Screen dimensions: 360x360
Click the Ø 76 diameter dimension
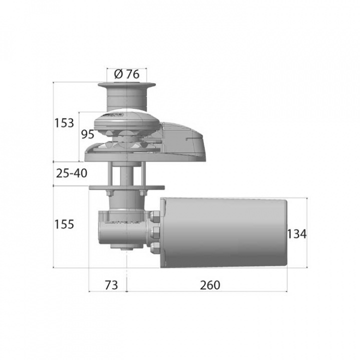pyautogui.click(x=126, y=74)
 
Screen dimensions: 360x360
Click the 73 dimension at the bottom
pyautogui.click(x=111, y=285)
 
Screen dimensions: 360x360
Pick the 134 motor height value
pyautogui.click(x=297, y=233)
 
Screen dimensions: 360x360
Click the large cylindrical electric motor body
pyautogui.click(x=225, y=233)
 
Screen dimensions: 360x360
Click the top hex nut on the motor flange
pyautogui.click(x=154, y=216)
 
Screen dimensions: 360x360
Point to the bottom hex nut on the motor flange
pyautogui.click(x=154, y=247)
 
